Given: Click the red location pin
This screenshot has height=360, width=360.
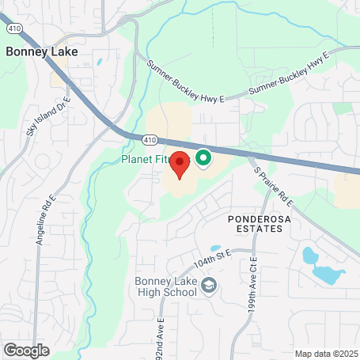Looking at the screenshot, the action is point(180,164).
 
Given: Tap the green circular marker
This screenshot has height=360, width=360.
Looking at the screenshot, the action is point(202,159).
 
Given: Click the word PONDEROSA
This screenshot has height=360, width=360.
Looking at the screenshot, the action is point(255,217).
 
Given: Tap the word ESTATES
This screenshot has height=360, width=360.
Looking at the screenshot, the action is point(255,229).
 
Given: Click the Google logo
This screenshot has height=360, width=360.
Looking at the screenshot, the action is point(26,350).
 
